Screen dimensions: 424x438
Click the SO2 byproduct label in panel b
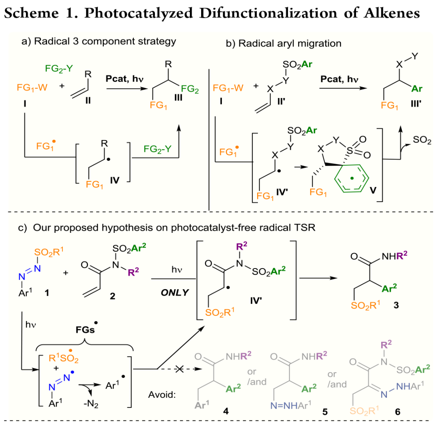(422, 141)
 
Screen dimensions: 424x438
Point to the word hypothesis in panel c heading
(131, 228)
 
